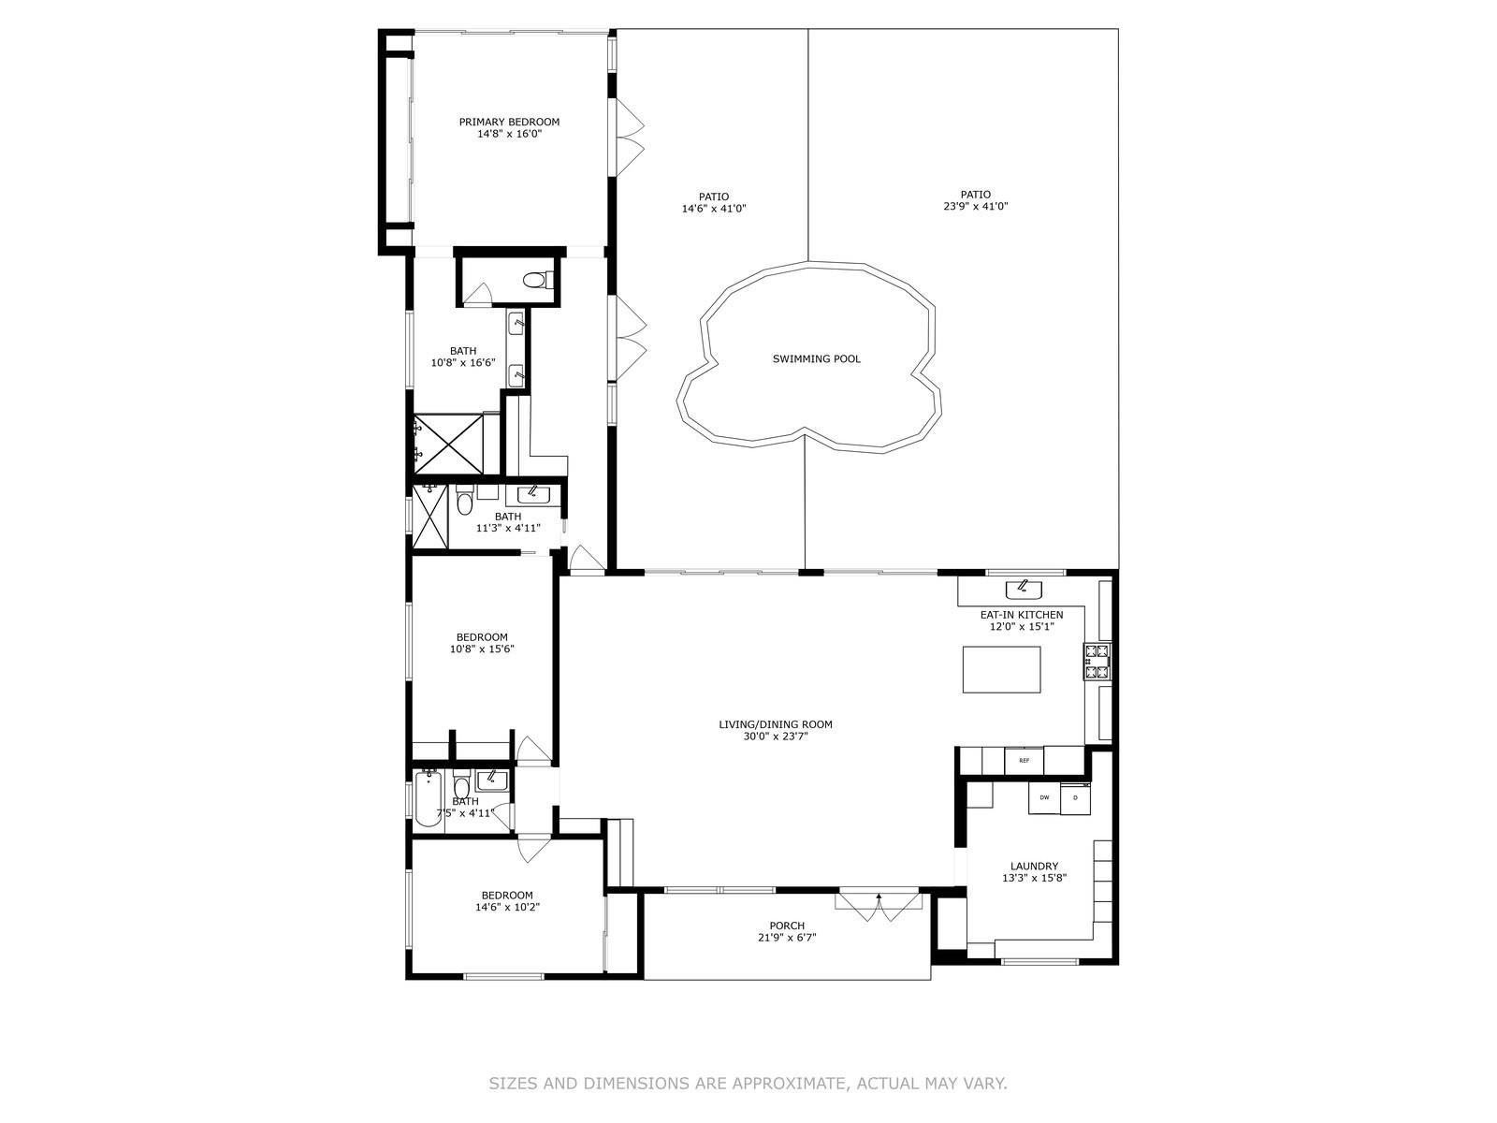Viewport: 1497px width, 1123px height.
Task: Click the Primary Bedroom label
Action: (x=509, y=122)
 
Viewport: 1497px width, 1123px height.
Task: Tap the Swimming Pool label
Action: (x=817, y=358)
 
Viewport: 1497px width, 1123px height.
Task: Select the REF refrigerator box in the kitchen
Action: (x=1024, y=760)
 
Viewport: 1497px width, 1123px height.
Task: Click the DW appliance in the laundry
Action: (x=1044, y=797)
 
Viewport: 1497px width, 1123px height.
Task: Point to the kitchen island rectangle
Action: (x=1001, y=669)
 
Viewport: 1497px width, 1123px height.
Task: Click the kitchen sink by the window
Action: (x=1024, y=590)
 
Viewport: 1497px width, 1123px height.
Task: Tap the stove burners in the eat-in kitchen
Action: (x=1097, y=662)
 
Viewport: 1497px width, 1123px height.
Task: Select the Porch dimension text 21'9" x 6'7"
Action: (x=787, y=938)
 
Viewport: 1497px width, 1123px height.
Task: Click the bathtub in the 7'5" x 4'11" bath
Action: (x=429, y=797)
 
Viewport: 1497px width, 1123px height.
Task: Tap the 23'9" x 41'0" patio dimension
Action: (x=975, y=206)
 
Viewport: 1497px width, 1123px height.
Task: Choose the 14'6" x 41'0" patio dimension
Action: (x=714, y=209)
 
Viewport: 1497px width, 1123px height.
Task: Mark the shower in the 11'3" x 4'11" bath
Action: (x=430, y=517)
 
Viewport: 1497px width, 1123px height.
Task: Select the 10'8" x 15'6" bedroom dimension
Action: (x=482, y=649)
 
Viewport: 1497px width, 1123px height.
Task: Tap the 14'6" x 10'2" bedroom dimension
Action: (x=507, y=907)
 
